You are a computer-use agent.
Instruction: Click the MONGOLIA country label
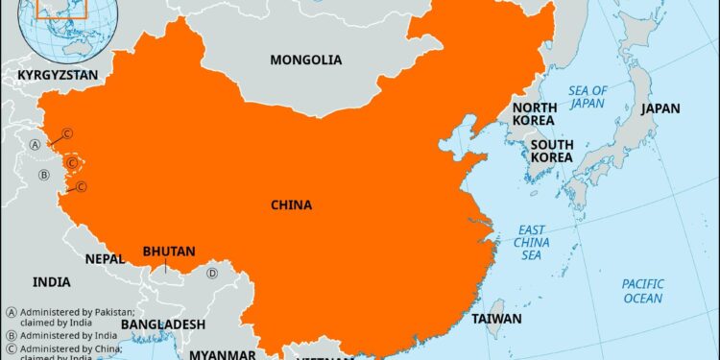(305, 60)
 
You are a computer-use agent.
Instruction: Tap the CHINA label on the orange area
(291, 204)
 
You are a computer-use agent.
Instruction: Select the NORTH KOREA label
(533, 114)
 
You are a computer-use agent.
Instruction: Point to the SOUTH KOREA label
(552, 151)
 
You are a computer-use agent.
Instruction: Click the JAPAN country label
(660, 108)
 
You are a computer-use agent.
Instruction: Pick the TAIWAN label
(496, 319)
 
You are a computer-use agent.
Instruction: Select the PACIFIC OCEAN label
(642, 291)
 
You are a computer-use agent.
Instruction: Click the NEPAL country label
(105, 259)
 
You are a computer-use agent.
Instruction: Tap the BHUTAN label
(168, 252)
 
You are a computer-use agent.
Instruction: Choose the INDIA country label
(52, 282)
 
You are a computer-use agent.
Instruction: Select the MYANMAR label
(222, 354)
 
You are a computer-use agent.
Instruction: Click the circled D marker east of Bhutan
(213, 274)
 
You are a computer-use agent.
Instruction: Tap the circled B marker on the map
(43, 175)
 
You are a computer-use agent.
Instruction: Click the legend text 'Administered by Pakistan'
(67, 312)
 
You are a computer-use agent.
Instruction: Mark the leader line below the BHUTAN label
(166, 266)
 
